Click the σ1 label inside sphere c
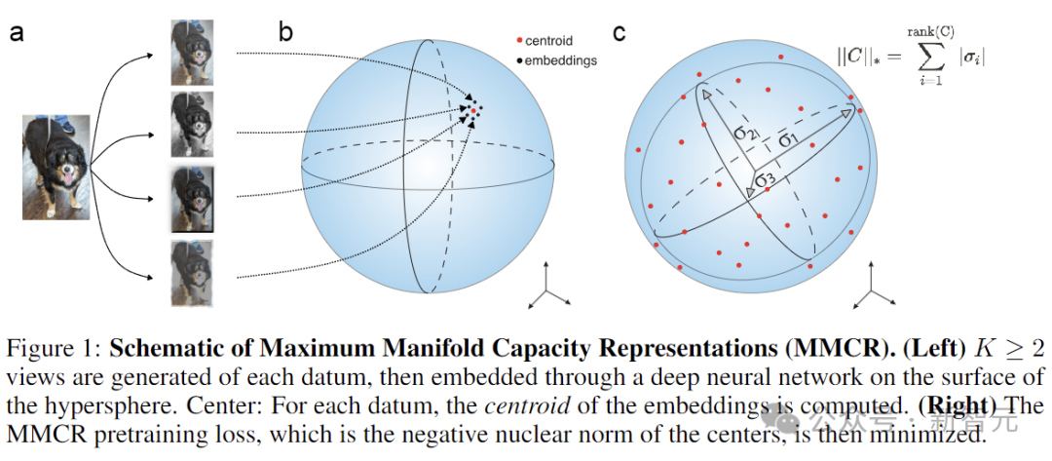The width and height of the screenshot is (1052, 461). [790, 138]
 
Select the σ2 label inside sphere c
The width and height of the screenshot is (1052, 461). [745, 132]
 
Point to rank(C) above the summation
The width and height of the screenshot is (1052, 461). [927, 33]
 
